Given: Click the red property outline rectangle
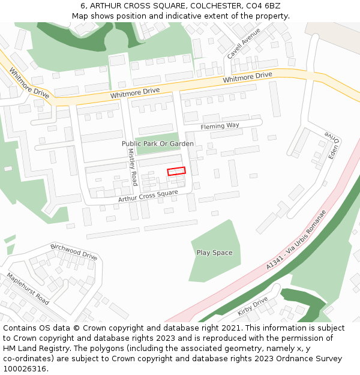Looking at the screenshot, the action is pos(176,172).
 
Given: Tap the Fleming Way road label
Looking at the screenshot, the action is pos(220,126).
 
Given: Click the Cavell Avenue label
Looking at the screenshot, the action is pos(244,43).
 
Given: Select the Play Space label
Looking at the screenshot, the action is pos(214,253).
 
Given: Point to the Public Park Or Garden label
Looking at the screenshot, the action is pos(157,144).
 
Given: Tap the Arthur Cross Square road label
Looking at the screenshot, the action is pos(148,196).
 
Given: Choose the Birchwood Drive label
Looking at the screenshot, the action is pos(73,251).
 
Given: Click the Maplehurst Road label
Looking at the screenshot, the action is pos(28,289).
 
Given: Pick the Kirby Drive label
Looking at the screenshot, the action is pos(252,306).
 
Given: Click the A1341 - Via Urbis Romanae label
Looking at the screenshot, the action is pos(298,239).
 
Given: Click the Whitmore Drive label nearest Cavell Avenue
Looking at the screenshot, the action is pos(247,78).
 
